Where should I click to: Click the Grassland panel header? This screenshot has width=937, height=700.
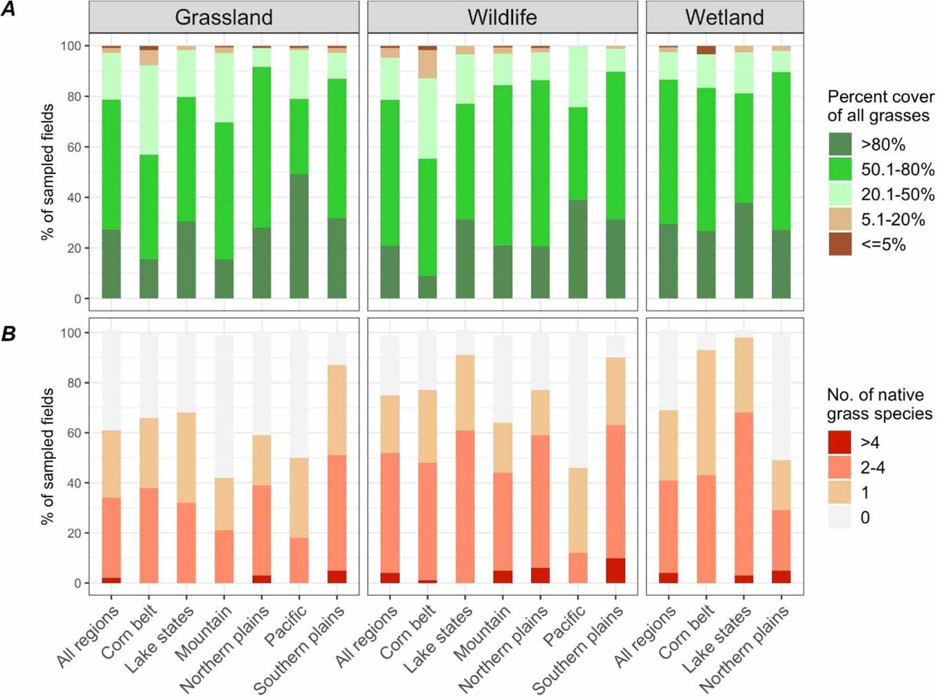pos(224,17)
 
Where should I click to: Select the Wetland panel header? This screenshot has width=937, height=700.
pos(724,17)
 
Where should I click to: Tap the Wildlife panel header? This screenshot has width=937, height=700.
pos(502,17)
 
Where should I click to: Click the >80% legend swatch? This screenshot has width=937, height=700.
pos(840,144)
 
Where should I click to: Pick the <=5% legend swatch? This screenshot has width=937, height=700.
pos(840,244)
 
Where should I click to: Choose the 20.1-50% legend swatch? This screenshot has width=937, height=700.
pos(840,194)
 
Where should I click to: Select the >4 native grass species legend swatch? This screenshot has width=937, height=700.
pos(839,442)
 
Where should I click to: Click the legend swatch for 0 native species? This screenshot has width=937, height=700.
pos(839,517)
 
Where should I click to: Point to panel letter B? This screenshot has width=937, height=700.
pos(8,333)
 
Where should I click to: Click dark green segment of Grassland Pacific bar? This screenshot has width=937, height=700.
pos(299,236)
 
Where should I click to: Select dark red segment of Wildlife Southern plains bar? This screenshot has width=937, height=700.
pos(615,570)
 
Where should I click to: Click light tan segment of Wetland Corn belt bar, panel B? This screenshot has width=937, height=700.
pos(706,412)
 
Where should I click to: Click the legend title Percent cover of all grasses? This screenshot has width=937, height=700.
pos(880,106)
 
